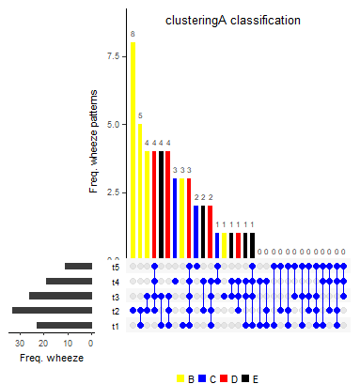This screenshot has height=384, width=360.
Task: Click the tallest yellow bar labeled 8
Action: [133, 150]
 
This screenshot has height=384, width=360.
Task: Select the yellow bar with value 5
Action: [140, 192]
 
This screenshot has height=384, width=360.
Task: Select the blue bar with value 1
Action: [217, 246]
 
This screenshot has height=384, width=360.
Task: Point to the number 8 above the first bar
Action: [133, 35]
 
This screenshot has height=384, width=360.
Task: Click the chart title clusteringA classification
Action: [233, 20]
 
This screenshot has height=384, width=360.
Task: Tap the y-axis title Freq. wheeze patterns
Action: [94, 141]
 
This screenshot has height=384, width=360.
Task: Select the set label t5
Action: [115, 267]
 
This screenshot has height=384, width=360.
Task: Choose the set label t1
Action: [115, 326]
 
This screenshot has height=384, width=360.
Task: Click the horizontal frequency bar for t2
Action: [52, 311]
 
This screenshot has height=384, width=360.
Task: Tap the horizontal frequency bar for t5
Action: [78, 267]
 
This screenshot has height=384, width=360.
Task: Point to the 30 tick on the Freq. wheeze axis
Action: [19, 344]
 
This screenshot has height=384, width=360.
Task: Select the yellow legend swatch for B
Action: [180, 378]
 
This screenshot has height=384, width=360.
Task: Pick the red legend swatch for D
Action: [224, 378]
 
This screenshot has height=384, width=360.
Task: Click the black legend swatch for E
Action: [245, 378]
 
